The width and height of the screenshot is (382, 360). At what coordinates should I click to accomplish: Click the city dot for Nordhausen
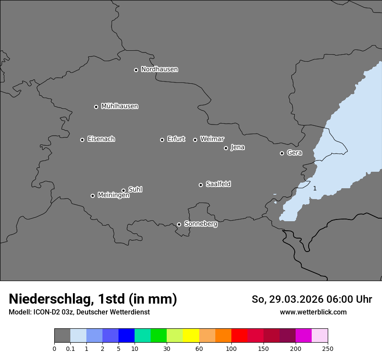136,70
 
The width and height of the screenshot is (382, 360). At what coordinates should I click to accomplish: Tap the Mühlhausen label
119,106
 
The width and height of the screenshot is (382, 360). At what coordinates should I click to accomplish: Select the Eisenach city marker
82,140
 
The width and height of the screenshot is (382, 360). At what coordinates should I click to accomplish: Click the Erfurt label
176,139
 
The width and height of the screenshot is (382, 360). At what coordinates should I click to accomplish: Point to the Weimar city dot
195,140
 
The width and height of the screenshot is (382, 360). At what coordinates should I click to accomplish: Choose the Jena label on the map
237,147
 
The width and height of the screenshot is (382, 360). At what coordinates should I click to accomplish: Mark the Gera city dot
282,153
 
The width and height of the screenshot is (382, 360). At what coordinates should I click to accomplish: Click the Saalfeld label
218,184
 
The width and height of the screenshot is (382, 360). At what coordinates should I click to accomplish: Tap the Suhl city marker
123,190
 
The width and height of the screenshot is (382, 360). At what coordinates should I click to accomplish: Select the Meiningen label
113,196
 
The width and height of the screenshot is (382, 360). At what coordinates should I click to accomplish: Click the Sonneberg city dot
179,224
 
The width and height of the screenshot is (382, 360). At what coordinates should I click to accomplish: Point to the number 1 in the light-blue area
315,188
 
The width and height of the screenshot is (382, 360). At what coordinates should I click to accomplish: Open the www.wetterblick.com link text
313,312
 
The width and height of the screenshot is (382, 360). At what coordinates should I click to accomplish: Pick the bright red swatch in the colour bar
239,336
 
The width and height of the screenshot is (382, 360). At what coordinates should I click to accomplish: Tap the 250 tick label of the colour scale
328,349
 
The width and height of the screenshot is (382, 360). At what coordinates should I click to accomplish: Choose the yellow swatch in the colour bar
191,336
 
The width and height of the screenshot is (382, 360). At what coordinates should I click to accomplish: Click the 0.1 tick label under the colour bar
70,349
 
